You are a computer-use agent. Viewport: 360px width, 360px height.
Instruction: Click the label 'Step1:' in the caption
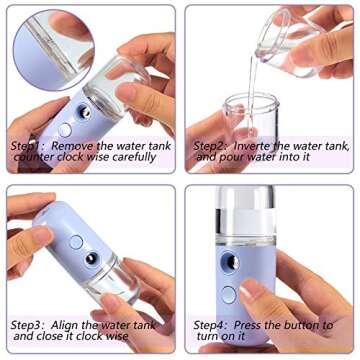27,145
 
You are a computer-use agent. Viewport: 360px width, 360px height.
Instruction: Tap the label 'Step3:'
27,325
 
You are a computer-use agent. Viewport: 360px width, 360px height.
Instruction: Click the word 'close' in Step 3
51,337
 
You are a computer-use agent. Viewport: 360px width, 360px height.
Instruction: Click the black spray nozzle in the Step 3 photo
91,260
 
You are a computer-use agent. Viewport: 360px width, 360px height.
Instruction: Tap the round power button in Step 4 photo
229,294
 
